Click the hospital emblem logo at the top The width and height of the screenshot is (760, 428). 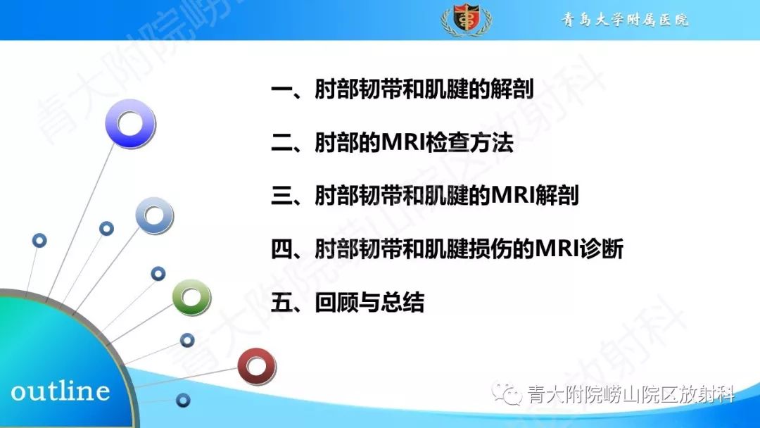tap(466, 20)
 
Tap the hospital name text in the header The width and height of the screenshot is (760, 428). tap(624, 20)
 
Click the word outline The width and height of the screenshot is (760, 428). tap(61, 391)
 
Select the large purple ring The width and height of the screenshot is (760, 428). tap(130, 124)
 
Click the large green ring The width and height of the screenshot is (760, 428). tap(191, 297)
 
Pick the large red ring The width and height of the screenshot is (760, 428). tap(256, 366)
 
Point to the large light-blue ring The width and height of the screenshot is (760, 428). tap(154, 216)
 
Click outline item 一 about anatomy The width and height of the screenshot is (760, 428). tap(402, 90)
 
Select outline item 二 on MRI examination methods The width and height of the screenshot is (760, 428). tap(392, 143)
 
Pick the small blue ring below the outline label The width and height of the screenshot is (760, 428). tap(183, 401)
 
